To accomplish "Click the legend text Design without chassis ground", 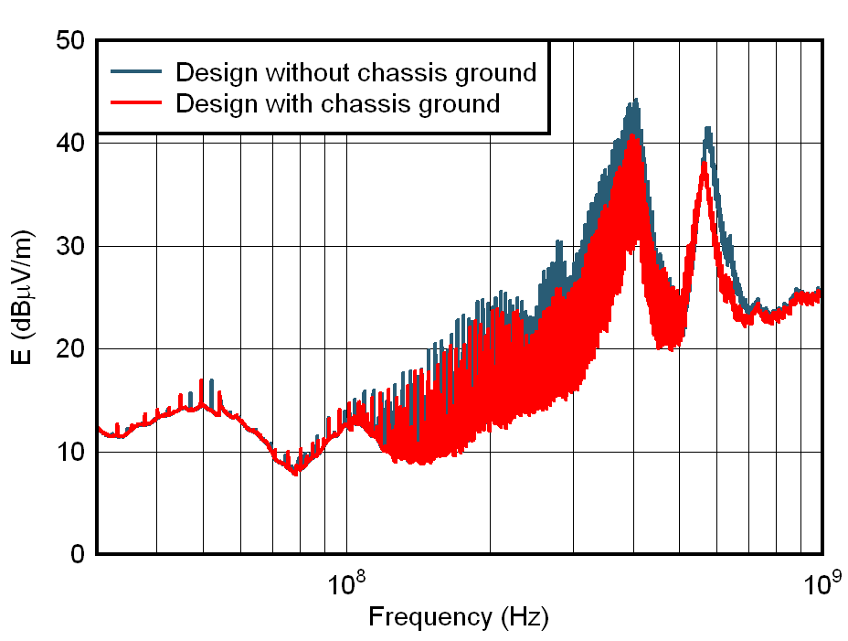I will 355,71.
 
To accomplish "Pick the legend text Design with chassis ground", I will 338,102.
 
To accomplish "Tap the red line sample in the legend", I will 137,102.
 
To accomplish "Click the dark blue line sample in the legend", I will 137,71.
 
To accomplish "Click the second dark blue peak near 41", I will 707,128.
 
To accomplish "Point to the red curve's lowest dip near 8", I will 294,473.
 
